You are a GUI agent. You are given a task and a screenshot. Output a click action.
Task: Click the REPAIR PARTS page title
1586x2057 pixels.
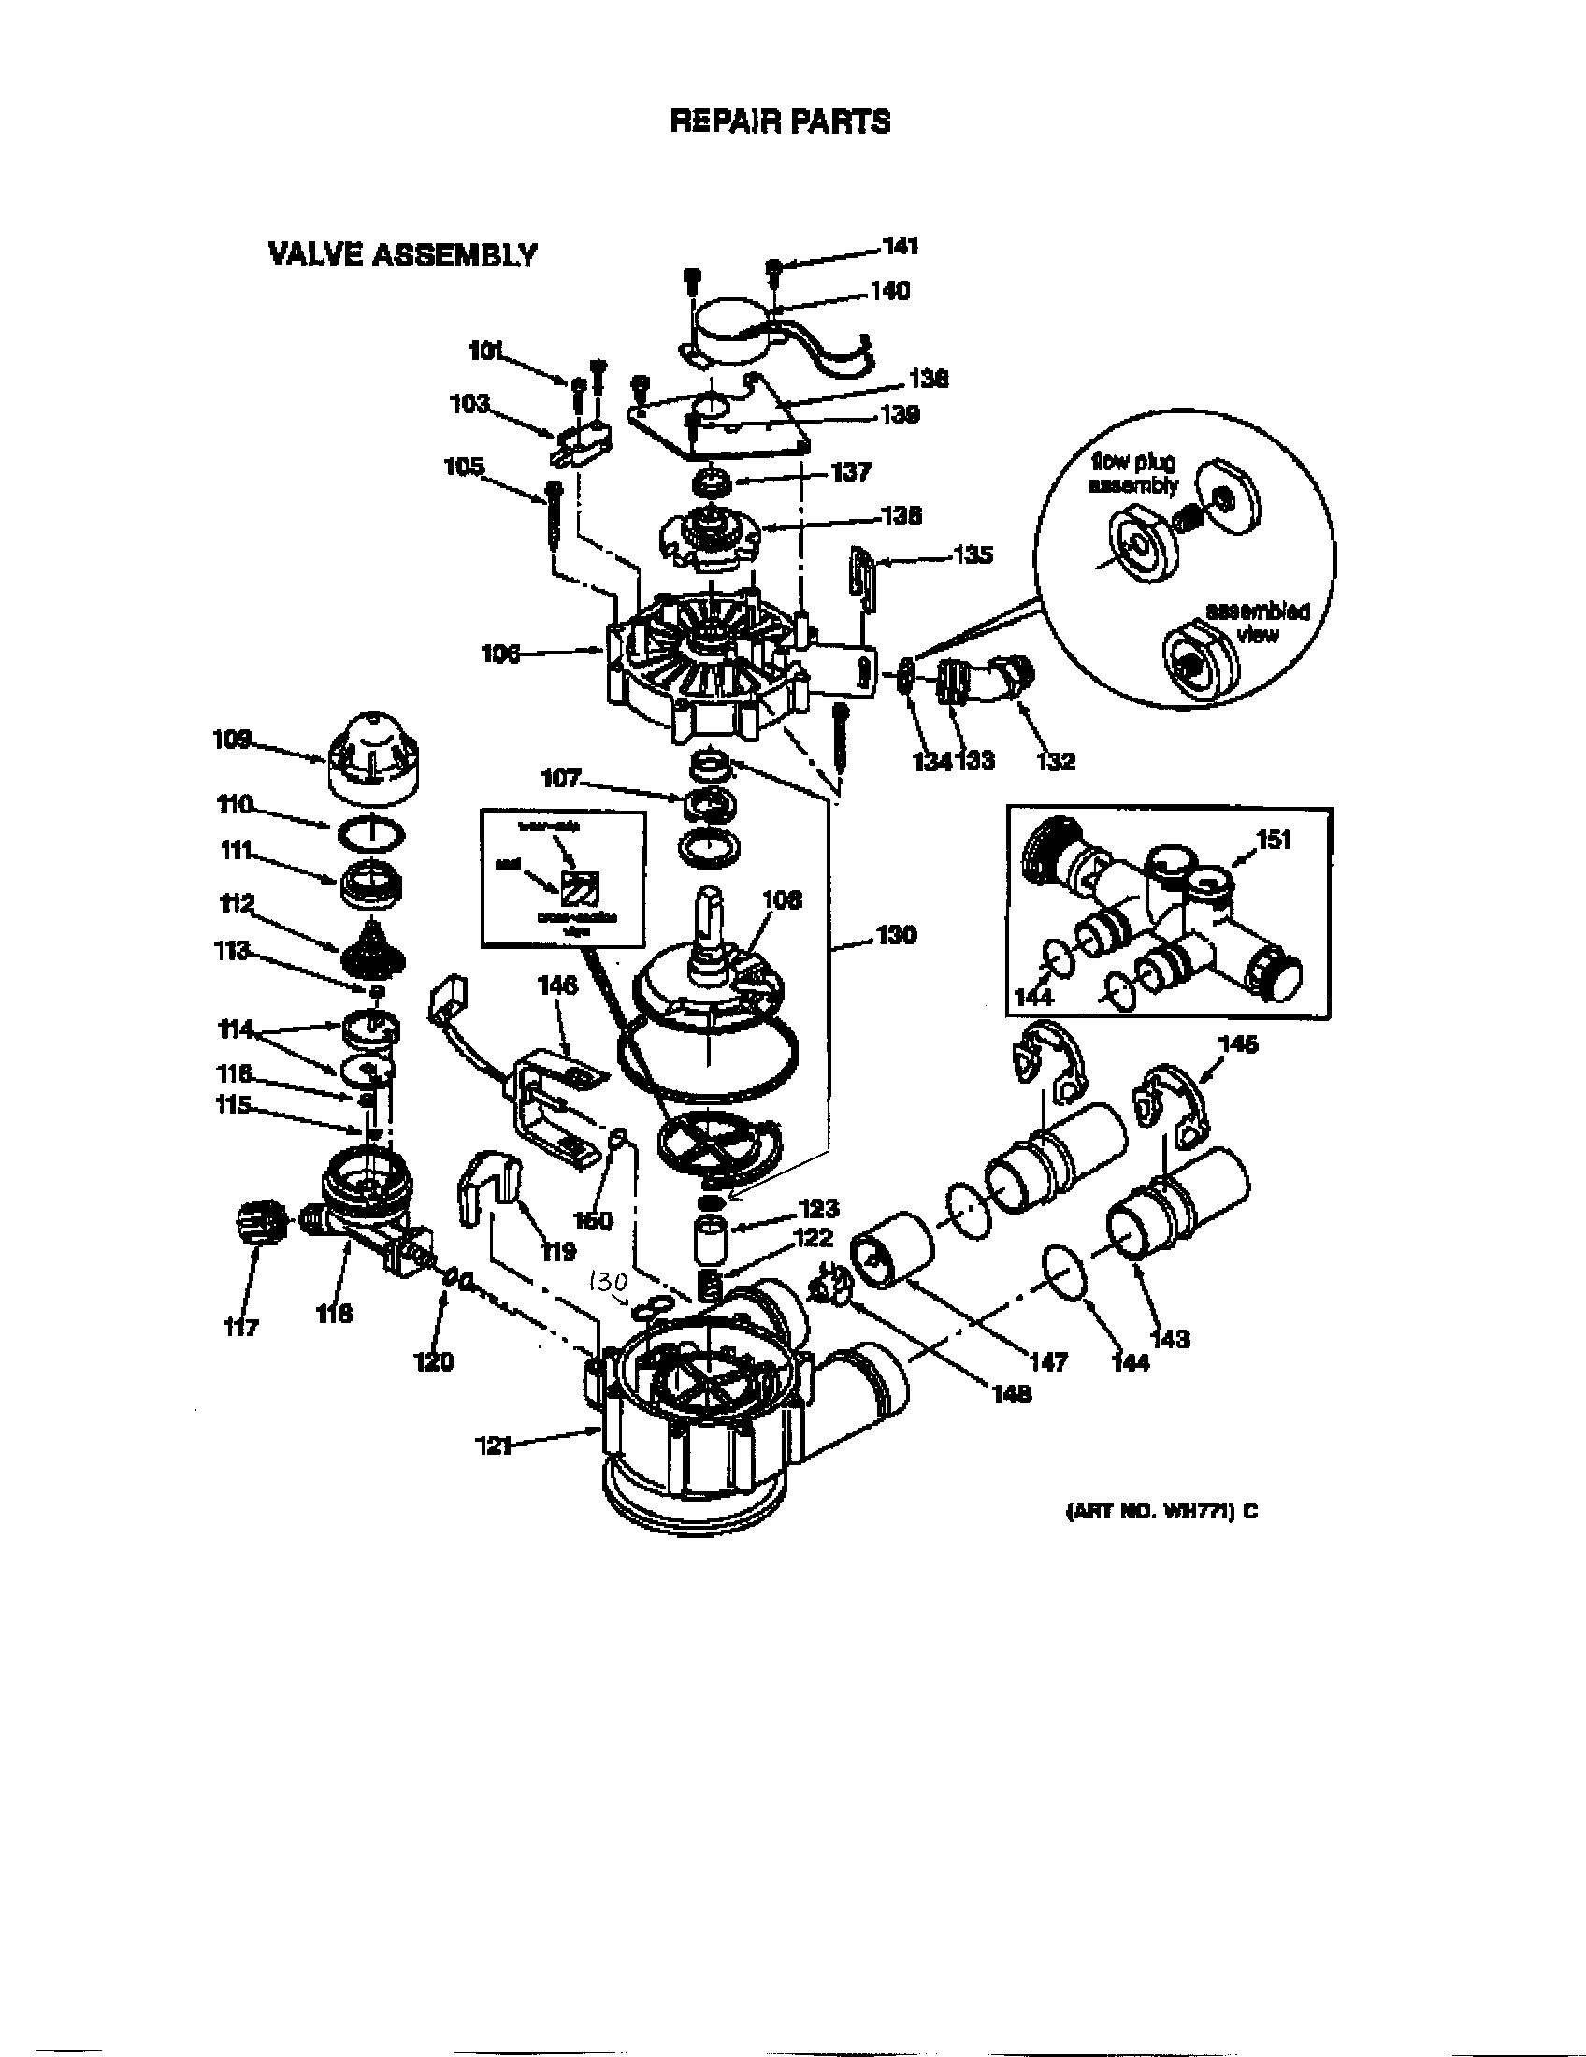pos(780,122)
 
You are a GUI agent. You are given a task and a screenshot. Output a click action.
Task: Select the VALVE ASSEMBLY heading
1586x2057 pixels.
pos(403,255)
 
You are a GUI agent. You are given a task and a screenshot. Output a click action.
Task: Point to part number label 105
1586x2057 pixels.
pos(465,467)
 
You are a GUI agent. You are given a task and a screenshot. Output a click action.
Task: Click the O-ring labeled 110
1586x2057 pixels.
pos(371,832)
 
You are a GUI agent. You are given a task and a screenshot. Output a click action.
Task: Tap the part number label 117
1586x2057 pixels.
pos(241,1328)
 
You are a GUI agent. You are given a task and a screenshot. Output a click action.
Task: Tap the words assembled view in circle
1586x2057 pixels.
pos(1258,623)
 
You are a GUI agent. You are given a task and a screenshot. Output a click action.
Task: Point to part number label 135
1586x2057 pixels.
pos(973,555)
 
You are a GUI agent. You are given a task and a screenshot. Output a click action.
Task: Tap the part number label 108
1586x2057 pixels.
pos(781,899)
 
